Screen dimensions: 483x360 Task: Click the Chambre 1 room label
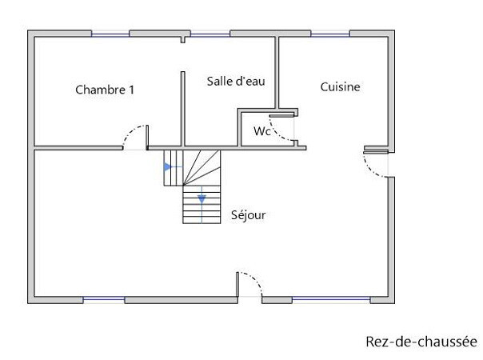click(x=105, y=90)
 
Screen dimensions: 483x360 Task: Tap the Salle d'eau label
click(x=236, y=82)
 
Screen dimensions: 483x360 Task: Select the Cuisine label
click(x=340, y=87)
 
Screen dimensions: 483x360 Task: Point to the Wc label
click(x=262, y=131)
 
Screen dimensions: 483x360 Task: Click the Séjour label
click(x=248, y=215)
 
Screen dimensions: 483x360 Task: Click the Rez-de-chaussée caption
click(x=421, y=342)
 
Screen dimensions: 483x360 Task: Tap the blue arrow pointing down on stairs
click(x=202, y=199)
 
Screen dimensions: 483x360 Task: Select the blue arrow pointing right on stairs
click(x=168, y=167)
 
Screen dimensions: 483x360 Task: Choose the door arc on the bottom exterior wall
click(x=255, y=280)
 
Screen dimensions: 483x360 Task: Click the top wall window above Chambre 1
click(x=110, y=34)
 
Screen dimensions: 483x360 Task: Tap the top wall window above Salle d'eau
click(x=210, y=34)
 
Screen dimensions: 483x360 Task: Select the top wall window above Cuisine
click(x=330, y=34)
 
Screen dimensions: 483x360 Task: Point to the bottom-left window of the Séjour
click(x=104, y=300)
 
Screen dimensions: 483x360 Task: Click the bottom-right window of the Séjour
click(x=331, y=300)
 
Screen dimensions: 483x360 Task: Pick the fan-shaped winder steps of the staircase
click(x=202, y=168)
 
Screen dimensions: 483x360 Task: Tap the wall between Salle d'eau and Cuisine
click(x=277, y=73)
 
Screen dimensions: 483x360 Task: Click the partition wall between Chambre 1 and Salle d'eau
click(x=182, y=109)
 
